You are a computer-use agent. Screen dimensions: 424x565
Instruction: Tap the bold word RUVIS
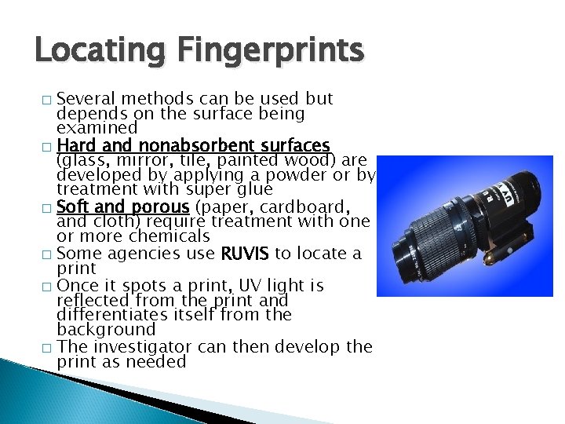[x=248, y=253]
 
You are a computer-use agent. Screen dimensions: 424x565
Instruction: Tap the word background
[x=106, y=330]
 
